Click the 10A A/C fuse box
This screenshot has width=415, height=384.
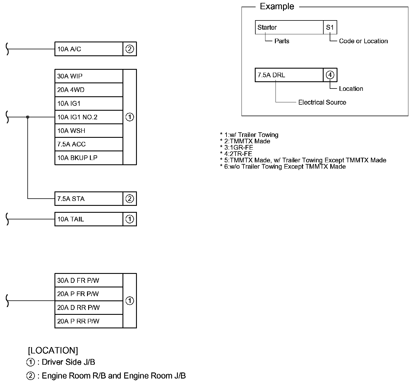[89, 49]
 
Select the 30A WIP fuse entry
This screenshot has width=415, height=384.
[89, 76]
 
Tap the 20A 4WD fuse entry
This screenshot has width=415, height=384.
[89, 90]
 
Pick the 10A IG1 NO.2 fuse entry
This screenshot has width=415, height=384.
[89, 117]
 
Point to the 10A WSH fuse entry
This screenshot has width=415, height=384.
[89, 131]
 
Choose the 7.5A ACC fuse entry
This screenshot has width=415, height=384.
[89, 144]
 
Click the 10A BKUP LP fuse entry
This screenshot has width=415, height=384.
[89, 158]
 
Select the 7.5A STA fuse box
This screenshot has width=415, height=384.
[89, 199]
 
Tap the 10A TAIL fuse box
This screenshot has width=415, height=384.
[89, 219]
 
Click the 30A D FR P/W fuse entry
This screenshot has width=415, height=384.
[89, 280]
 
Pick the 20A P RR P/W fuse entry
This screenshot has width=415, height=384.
[89, 321]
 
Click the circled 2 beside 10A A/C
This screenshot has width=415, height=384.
[130, 49]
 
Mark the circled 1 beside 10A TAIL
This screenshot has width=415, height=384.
[130, 219]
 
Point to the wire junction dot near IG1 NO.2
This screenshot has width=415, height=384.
[28, 117]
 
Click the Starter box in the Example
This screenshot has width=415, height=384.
[289, 27]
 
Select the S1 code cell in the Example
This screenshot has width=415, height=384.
[330, 27]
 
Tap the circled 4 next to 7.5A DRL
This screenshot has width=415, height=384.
[330, 75]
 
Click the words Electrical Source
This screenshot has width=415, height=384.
[322, 102]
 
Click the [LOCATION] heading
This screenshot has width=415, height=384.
[53, 351]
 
